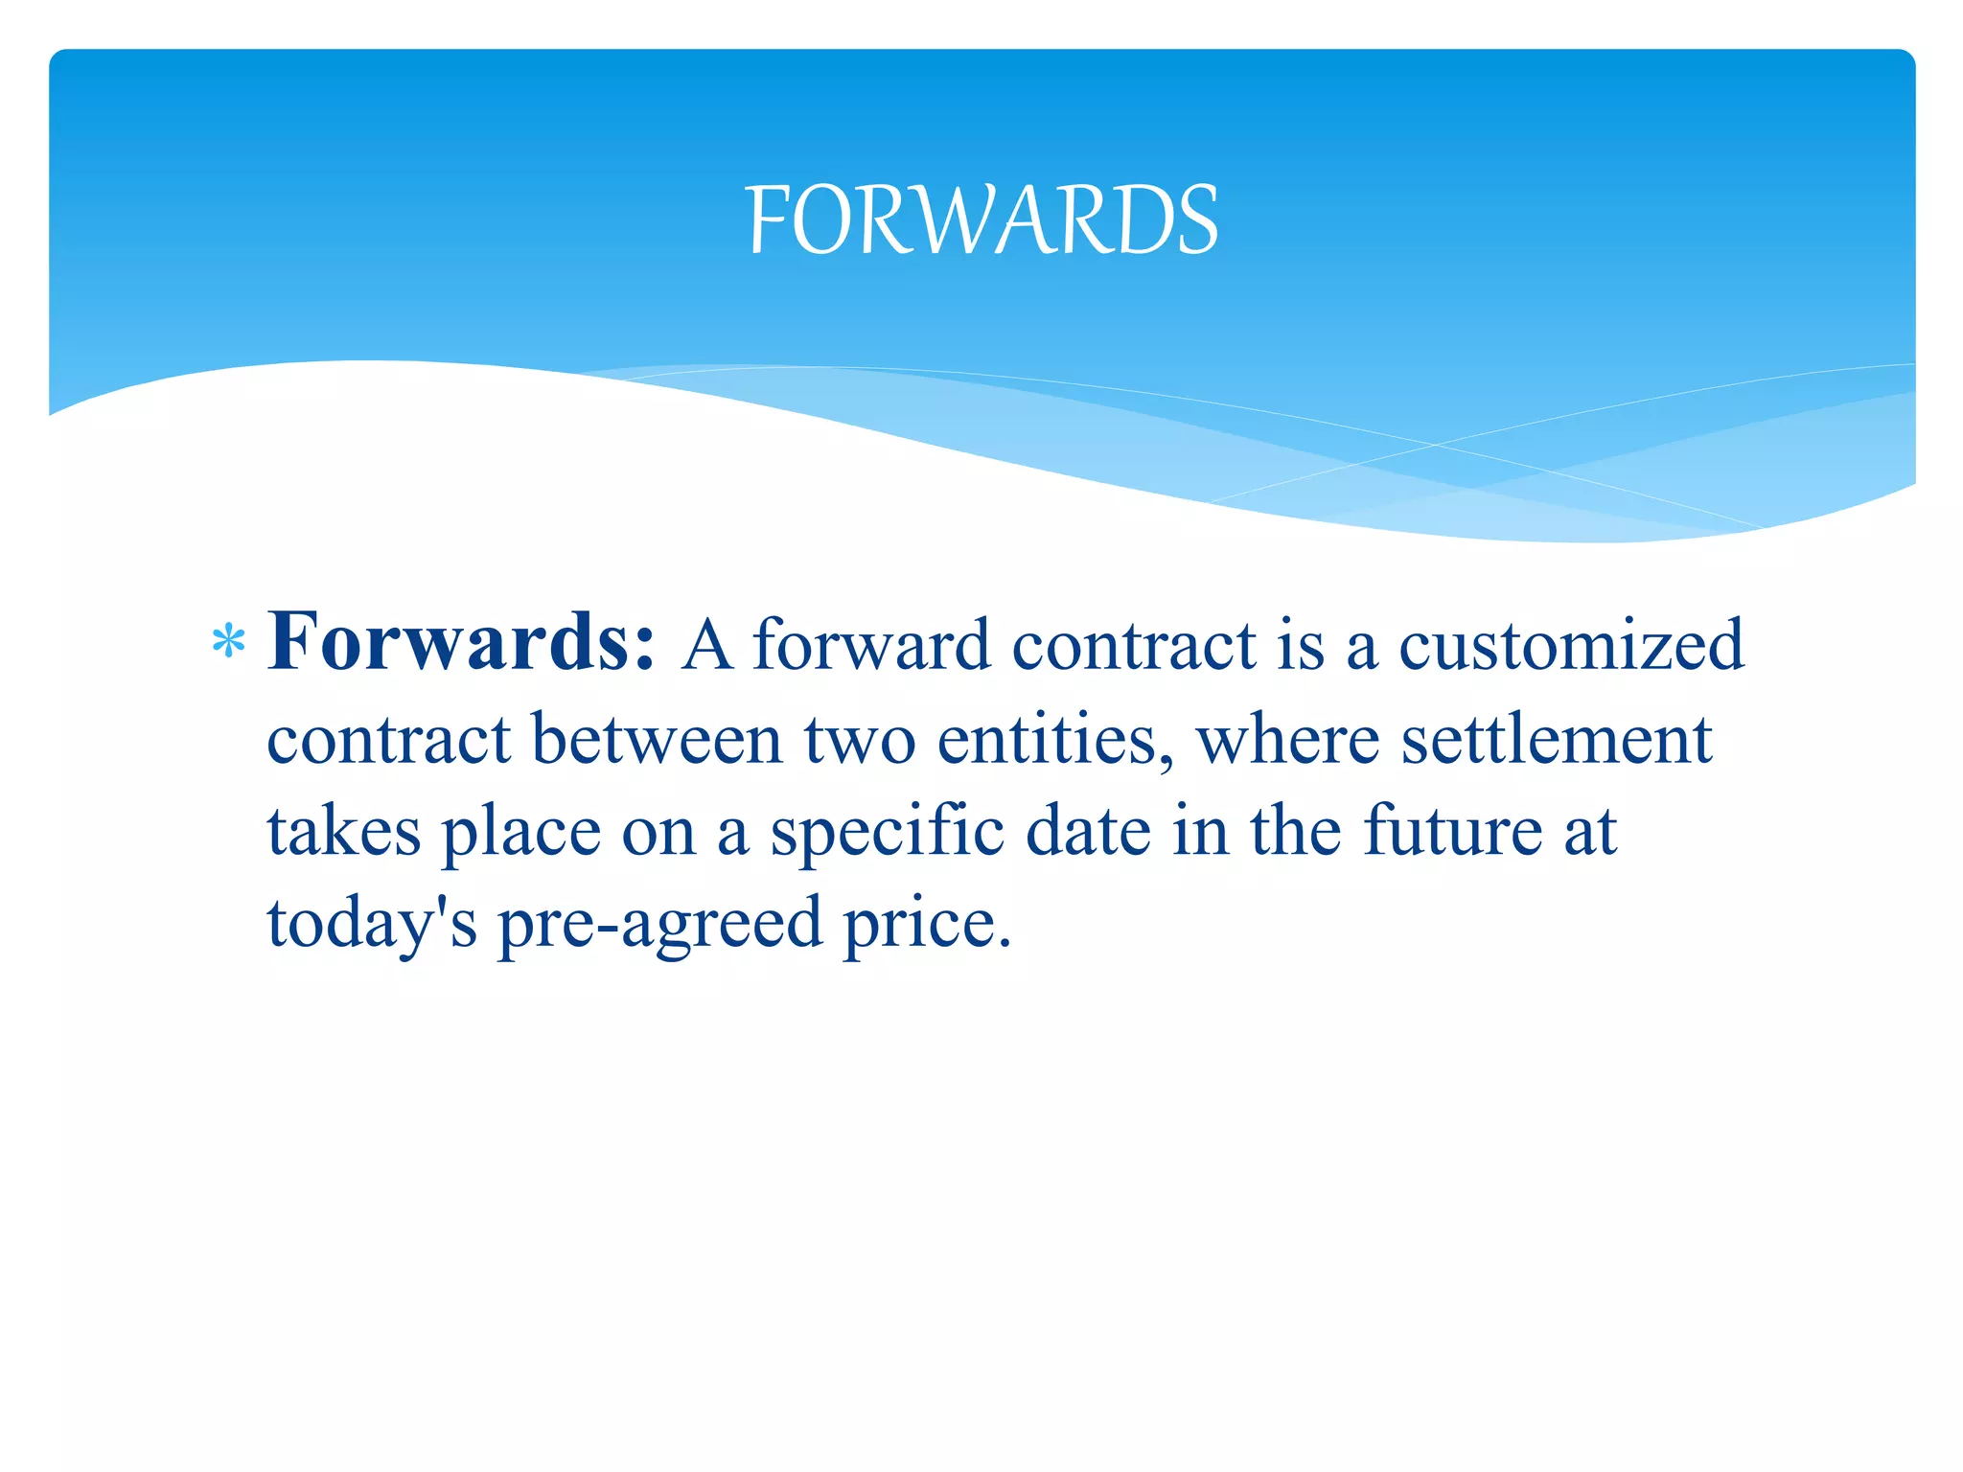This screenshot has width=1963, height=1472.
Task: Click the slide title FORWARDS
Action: click(x=981, y=220)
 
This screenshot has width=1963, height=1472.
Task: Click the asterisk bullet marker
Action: click(x=228, y=643)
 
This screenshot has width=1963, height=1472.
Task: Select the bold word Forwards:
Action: click(x=461, y=641)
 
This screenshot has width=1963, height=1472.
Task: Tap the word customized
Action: click(x=1571, y=645)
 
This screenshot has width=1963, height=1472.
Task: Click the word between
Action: click(x=657, y=740)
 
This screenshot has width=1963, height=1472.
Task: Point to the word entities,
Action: click(x=1054, y=740)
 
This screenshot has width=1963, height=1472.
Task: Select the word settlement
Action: click(x=1556, y=740)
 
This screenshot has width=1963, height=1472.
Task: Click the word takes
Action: click(x=343, y=831)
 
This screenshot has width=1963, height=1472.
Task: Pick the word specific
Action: click(x=888, y=831)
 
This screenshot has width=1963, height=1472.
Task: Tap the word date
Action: click(x=1088, y=831)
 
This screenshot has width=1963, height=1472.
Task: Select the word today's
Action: click(x=371, y=923)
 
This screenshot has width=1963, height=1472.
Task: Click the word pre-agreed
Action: click(x=659, y=923)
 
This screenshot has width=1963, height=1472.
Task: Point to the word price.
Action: click(x=926, y=923)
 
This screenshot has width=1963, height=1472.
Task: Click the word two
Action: click(x=859, y=740)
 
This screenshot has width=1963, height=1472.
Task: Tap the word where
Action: click(x=1287, y=740)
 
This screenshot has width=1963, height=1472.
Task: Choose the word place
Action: click(x=520, y=831)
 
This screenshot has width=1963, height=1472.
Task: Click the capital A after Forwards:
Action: click(x=707, y=645)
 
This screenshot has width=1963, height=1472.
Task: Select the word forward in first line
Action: click(x=870, y=645)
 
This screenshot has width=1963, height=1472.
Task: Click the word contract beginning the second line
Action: click(x=388, y=740)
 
